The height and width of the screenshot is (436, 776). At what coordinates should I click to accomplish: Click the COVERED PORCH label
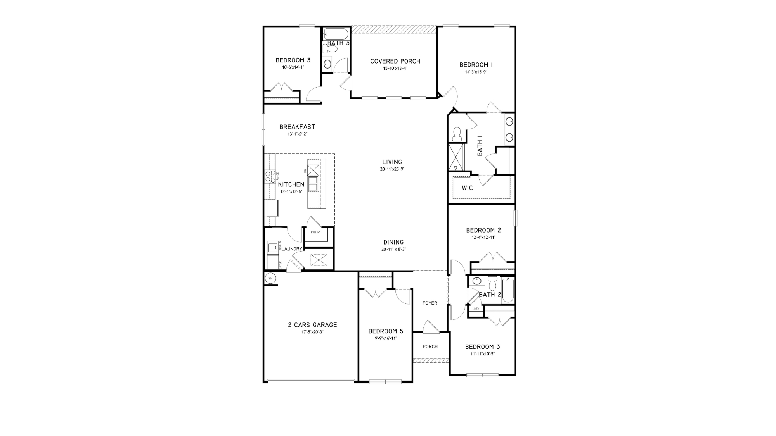tap(395, 61)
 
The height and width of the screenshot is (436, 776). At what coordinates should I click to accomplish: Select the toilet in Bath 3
tap(329, 49)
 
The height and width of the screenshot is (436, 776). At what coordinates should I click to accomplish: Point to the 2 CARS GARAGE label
tap(312, 325)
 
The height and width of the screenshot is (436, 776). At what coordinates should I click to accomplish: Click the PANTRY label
tap(315, 232)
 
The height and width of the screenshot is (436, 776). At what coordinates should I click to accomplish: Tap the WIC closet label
tap(467, 188)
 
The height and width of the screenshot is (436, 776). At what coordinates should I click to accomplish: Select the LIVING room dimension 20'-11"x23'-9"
tap(392, 169)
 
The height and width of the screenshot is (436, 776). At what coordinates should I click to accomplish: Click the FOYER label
tap(430, 303)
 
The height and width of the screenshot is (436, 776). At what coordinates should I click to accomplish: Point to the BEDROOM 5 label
tap(385, 331)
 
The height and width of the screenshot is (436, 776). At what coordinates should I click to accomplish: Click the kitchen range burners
tap(268, 176)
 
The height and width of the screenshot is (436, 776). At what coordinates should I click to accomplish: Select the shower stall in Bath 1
tap(456, 157)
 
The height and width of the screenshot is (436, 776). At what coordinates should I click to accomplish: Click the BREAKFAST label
tap(297, 127)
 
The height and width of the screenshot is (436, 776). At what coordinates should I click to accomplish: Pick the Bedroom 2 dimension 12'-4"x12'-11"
tap(483, 238)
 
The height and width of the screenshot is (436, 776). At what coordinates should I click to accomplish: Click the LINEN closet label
tap(475, 309)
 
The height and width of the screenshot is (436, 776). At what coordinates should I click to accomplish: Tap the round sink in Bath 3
tap(327, 64)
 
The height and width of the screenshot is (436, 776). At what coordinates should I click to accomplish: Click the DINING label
tap(393, 242)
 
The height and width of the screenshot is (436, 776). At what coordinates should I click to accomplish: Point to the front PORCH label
tap(430, 347)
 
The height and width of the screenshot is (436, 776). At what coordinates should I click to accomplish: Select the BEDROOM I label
tap(476, 65)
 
